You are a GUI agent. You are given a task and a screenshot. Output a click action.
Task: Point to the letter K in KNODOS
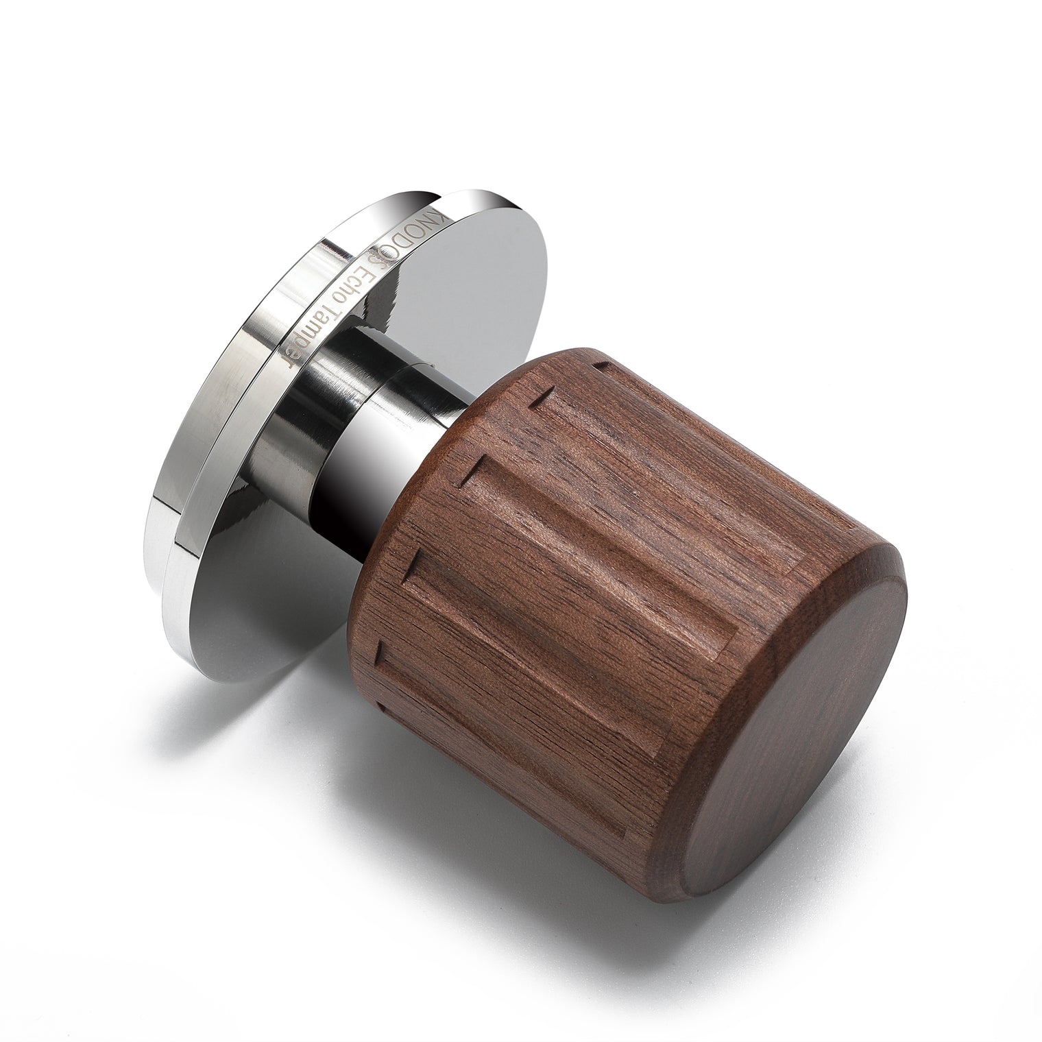pos(439,210)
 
